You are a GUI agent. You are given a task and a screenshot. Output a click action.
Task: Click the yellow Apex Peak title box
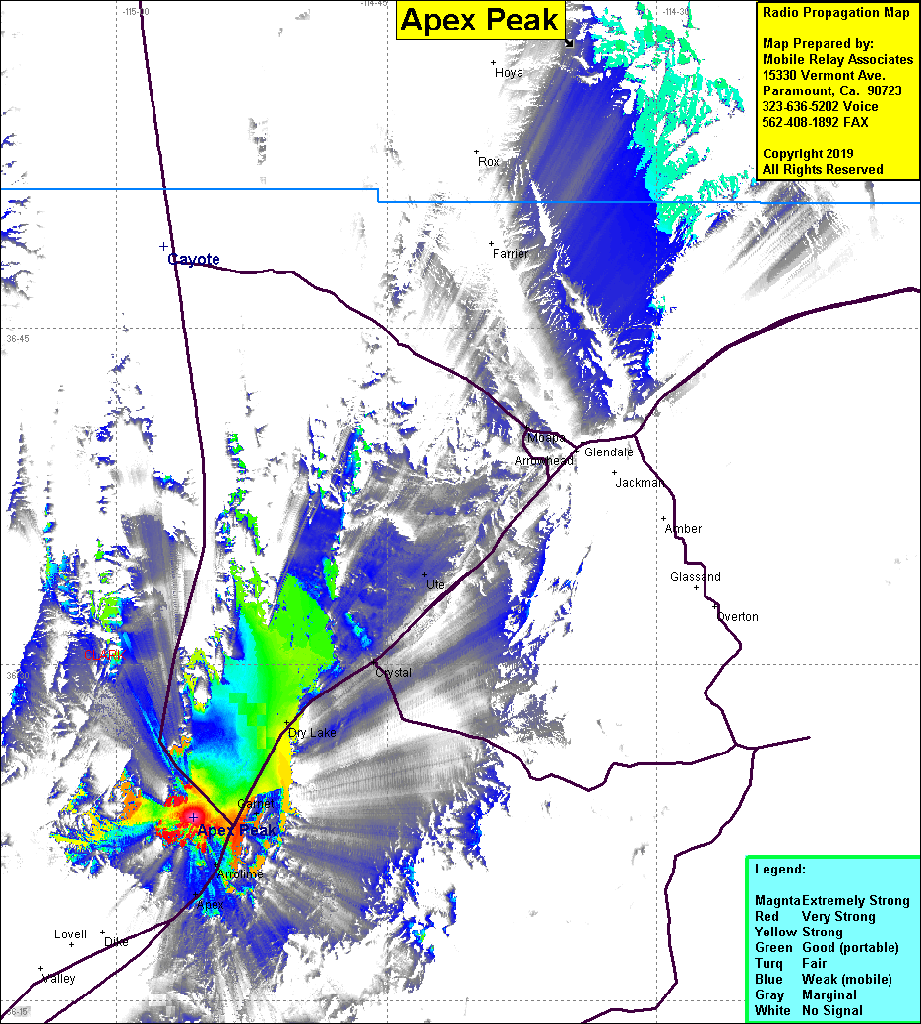pyautogui.click(x=480, y=20)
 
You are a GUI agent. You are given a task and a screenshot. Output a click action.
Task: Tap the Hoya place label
pyautogui.click(x=509, y=73)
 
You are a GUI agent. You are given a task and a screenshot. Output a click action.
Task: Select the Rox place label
pyautogui.click(x=489, y=161)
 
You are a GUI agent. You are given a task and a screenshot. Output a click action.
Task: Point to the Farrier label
pyautogui.click(x=511, y=254)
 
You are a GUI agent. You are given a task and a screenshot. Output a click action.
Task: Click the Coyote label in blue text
pyautogui.click(x=194, y=260)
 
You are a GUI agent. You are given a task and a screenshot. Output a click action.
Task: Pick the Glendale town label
pyautogui.click(x=608, y=452)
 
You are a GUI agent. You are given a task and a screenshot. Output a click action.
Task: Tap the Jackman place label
pyautogui.click(x=640, y=483)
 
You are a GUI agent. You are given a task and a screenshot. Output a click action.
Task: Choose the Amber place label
pyautogui.click(x=683, y=529)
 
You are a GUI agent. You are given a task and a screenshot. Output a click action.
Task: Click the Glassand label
pyautogui.click(x=695, y=577)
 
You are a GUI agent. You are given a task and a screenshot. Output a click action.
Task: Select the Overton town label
pyautogui.click(x=737, y=617)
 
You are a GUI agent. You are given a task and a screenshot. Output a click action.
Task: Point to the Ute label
pyautogui.click(x=435, y=585)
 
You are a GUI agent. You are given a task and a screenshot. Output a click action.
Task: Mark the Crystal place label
pyautogui.click(x=394, y=673)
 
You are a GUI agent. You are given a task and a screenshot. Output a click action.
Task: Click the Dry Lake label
pyautogui.click(x=312, y=733)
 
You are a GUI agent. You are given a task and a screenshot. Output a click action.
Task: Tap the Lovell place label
pyautogui.click(x=70, y=934)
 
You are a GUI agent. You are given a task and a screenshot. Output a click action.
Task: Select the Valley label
pyautogui.click(x=59, y=979)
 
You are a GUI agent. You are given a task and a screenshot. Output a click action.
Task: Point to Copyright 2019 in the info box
pyautogui.click(x=808, y=154)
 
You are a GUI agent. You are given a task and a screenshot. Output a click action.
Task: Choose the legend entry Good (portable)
pyautogui.click(x=850, y=947)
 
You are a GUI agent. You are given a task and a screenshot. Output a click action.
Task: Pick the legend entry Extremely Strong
pyautogui.click(x=855, y=900)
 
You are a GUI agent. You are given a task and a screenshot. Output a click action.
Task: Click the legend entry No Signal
pyautogui.click(x=831, y=1010)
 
